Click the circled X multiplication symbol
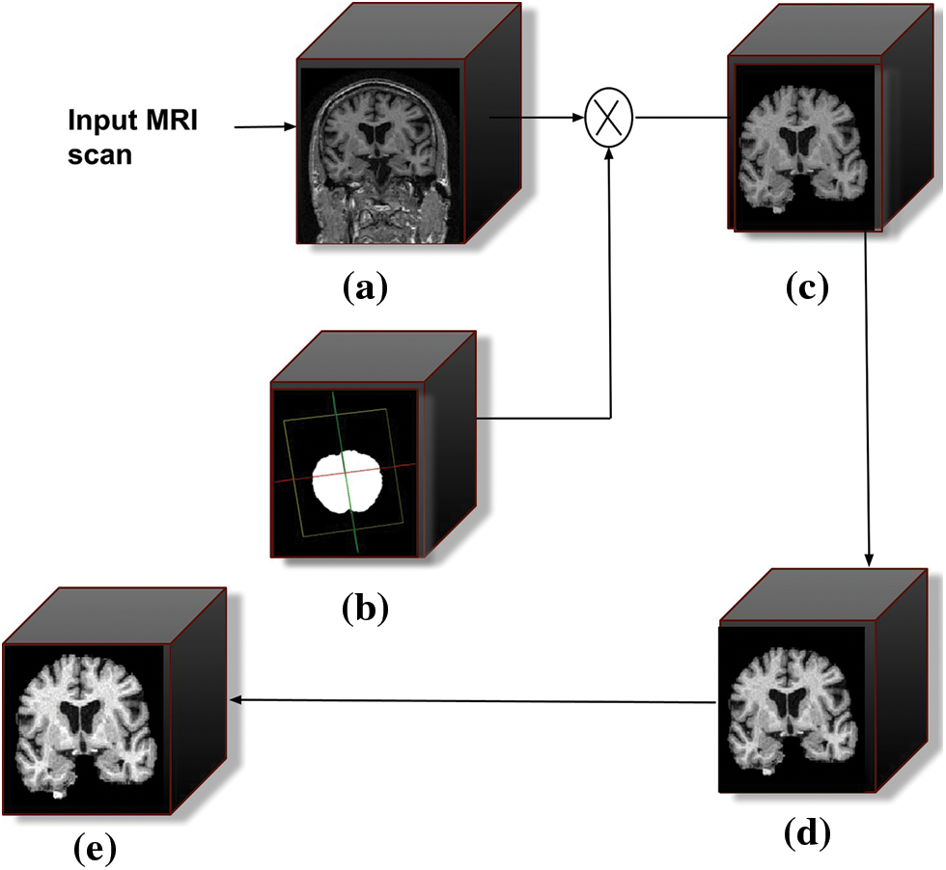608,119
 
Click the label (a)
364,287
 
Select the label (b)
364,608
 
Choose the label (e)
95,847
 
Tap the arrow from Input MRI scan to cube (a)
263,126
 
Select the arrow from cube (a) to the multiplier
539,119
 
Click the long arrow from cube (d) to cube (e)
473,701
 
